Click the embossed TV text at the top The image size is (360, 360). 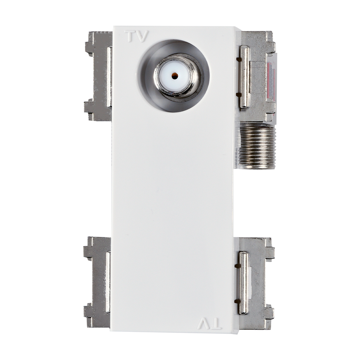[x=136, y=36]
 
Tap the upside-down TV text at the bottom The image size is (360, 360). [x=210, y=324]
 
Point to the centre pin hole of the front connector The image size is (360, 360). [x=175, y=75]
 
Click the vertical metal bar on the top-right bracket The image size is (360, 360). [x=244, y=77]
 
